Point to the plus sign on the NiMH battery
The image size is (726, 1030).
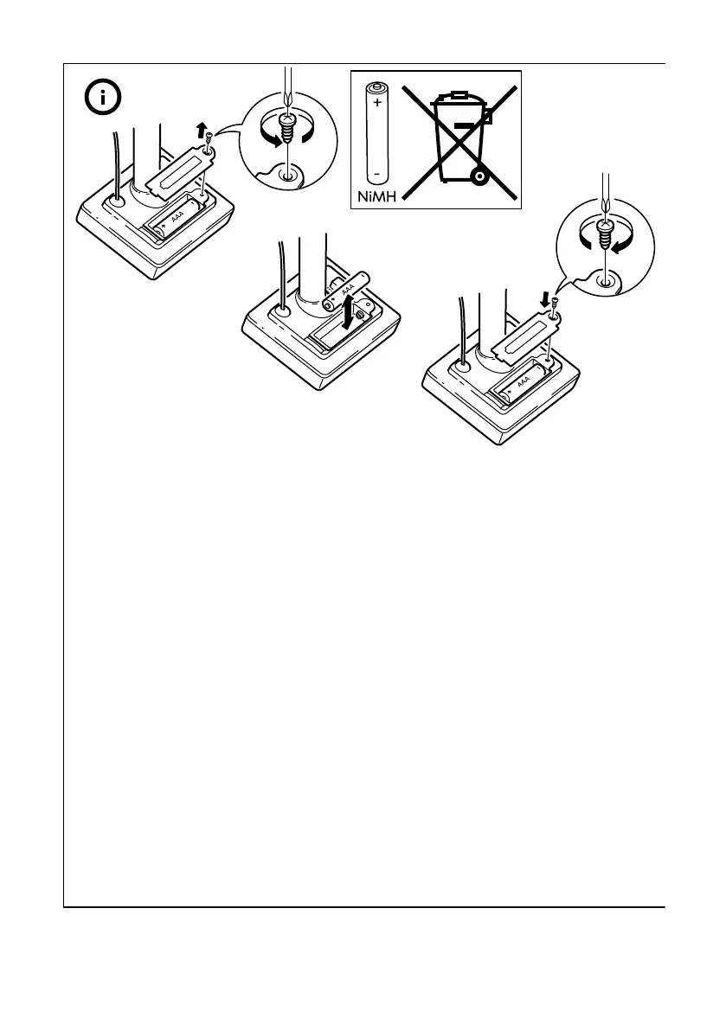(377, 102)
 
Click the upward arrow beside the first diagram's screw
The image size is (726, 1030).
(201, 130)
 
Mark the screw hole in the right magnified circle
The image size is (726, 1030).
(607, 278)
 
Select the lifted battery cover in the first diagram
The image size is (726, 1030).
(177, 173)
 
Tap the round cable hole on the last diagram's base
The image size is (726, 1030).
(464, 368)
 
